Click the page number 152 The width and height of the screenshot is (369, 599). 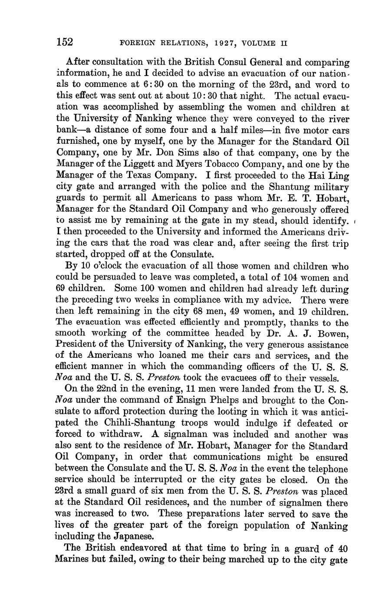point(65,42)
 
